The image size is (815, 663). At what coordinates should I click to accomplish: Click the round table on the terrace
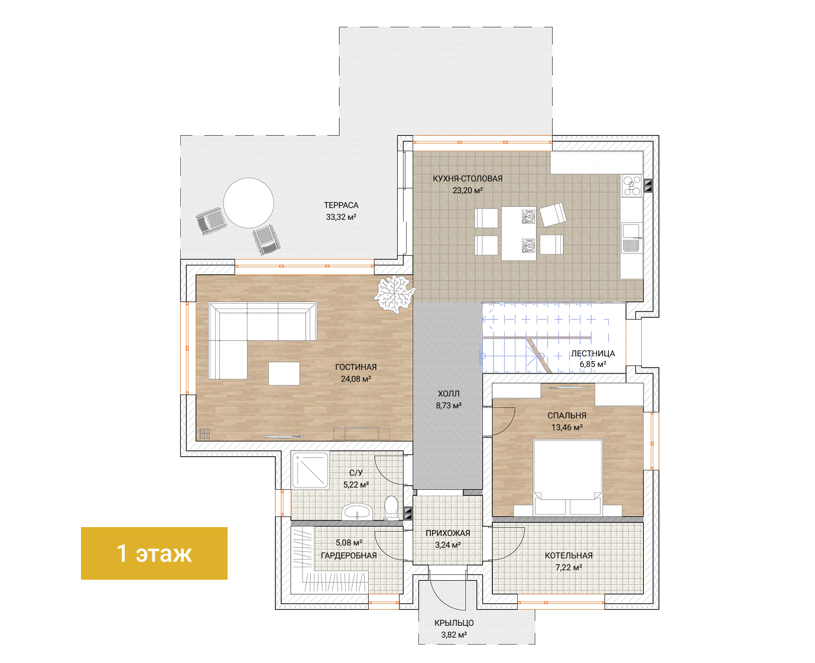point(248,203)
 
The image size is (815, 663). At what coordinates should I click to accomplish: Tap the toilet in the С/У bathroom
point(391,508)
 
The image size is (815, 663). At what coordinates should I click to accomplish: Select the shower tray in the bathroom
point(310,470)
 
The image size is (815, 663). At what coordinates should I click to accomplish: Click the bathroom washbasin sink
point(357,512)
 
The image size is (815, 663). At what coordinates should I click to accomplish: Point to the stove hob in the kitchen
point(632,186)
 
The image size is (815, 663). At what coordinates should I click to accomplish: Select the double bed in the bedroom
point(567,477)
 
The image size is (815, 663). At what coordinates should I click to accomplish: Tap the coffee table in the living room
point(284,373)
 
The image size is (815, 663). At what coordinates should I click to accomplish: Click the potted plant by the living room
point(394,294)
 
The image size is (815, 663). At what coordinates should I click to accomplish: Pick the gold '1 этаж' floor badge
point(154,553)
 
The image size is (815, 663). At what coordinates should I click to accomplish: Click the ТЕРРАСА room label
point(341,206)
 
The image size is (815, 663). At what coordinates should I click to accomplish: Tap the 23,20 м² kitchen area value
point(467,190)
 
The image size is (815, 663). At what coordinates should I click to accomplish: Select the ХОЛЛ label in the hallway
point(449,394)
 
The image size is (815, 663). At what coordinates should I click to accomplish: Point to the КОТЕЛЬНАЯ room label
point(569,555)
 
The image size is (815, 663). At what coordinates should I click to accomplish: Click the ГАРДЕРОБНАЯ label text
point(349,555)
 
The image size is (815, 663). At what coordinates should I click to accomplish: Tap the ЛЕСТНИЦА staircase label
point(593,353)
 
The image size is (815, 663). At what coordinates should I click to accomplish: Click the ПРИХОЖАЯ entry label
point(447,533)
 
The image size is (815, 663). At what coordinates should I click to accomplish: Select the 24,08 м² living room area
point(356,379)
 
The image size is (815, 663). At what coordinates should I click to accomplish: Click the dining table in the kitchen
point(518,233)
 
